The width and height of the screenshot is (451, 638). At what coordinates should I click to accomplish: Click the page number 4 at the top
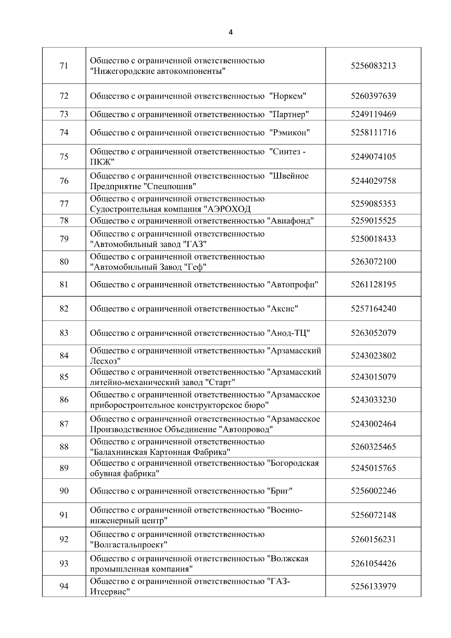pos(230,32)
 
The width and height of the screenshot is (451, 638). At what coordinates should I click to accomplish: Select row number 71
pos(64,66)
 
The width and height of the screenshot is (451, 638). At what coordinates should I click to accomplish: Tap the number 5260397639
pos(373,96)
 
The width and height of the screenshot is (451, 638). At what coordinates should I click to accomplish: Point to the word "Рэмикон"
pos(290,133)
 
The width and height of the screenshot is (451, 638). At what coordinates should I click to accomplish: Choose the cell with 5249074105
pos(373,157)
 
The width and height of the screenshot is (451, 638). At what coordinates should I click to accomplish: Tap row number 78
pos(64,221)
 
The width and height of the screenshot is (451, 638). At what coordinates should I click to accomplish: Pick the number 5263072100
pos(373,262)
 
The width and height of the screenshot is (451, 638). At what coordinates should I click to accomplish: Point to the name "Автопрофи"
pos(293,285)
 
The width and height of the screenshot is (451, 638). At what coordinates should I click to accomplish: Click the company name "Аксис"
pos(283,309)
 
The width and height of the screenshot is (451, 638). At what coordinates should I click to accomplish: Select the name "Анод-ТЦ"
pos(288,333)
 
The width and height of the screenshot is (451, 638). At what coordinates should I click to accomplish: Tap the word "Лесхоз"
pos(105,361)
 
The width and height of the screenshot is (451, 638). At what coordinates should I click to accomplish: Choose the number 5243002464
pos(373,424)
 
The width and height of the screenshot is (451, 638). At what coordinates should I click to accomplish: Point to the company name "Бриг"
pos(280,491)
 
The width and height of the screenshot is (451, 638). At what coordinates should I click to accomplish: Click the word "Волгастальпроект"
pos(129,545)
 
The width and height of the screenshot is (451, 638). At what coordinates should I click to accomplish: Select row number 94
pos(64,586)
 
